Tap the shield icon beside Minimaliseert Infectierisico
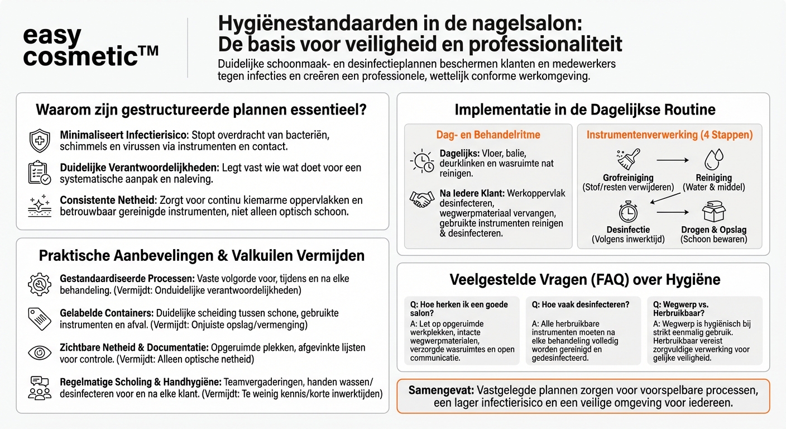(40, 140)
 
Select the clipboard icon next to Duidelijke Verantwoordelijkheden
(40, 173)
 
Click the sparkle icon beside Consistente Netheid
(40, 206)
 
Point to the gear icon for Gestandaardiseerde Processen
(40, 284)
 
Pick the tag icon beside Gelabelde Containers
(40, 318)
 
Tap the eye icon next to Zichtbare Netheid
(40, 352)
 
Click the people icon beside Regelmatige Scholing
(40, 388)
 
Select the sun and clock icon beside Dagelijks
(422, 161)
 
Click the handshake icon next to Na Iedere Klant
(422, 199)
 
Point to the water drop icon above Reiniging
(713, 159)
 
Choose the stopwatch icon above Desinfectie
(628, 212)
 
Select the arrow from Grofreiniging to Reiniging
(672, 160)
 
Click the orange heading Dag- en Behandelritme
(488, 135)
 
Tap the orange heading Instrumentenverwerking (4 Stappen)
(669, 135)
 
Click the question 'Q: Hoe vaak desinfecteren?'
(581, 304)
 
